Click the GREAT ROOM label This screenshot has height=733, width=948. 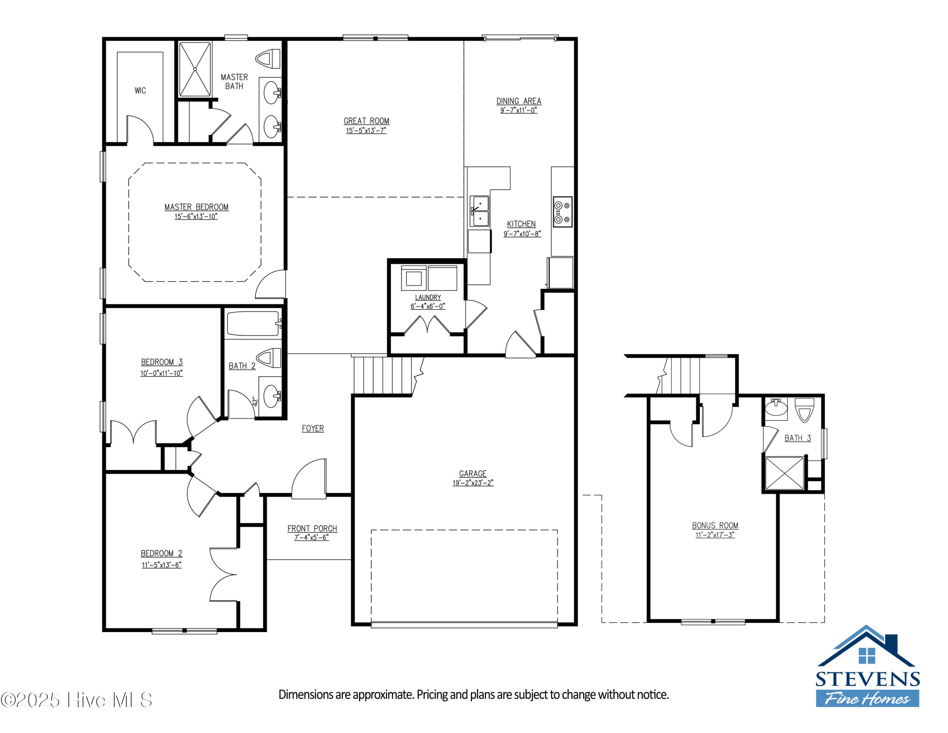[366, 121]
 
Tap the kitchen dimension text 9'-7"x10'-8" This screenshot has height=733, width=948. [522, 234]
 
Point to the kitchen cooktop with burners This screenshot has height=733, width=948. [562, 212]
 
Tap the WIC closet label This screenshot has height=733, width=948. [140, 90]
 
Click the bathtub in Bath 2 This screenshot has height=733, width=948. [252, 323]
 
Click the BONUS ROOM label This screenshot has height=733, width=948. [715, 526]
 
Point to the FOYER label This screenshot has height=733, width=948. [313, 428]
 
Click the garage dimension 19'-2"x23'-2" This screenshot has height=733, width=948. [473, 483]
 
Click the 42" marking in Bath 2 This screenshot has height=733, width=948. [255, 401]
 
